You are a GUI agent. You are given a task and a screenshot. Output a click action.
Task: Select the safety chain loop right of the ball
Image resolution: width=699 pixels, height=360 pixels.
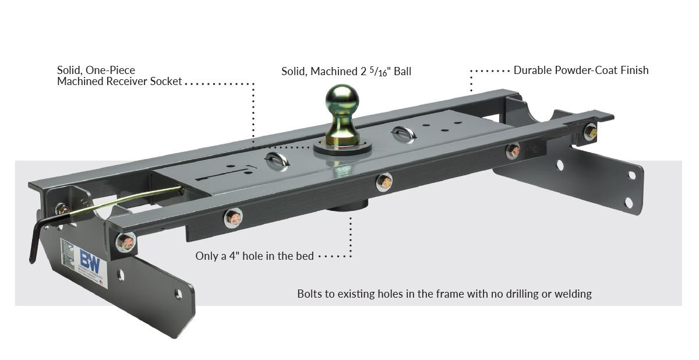403,133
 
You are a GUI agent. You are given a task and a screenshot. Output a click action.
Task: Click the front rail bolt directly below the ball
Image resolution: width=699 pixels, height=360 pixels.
383,182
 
